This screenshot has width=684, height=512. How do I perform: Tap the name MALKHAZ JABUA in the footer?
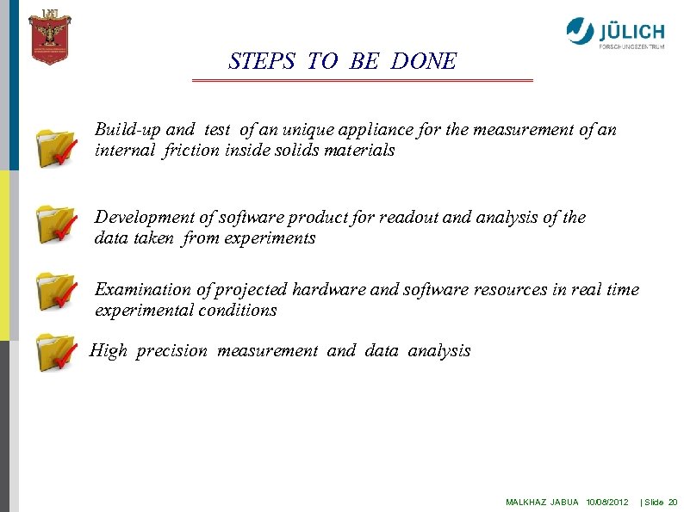[542, 501]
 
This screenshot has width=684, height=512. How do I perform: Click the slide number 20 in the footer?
[673, 501]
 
